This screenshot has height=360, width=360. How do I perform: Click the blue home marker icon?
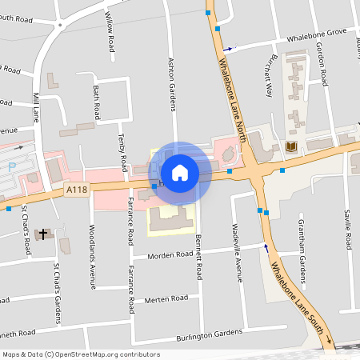coord(180,172)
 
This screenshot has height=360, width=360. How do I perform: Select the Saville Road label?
coord(348,228)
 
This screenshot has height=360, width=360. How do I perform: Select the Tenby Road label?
coord(123,153)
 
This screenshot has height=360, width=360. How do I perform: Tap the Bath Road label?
coord(97,99)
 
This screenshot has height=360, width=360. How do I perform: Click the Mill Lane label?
coord(35,107)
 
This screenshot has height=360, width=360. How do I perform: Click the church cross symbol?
coord(42,233)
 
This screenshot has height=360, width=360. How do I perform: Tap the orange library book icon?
coord(290,146)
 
